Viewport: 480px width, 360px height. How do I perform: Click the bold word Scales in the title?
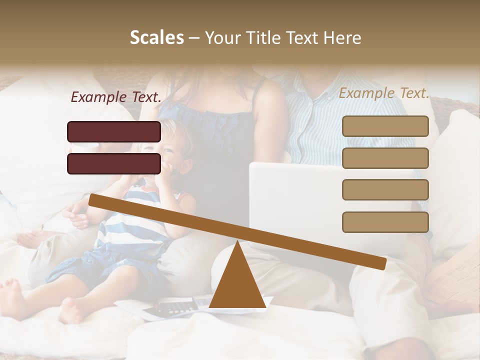156,38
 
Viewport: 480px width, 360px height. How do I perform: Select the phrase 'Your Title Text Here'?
283,38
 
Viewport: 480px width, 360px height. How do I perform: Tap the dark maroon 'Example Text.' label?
116,97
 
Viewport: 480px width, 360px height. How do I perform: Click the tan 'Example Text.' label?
384,93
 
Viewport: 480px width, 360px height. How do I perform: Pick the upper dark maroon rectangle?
114,131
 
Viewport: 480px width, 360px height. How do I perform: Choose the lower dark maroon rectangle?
114,163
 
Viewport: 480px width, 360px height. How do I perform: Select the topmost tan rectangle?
385,126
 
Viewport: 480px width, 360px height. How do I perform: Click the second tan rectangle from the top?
385,158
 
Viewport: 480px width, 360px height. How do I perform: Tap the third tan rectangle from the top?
385,189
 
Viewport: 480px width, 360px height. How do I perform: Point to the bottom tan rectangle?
385,222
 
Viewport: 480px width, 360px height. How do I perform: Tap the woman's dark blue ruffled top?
220,135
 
